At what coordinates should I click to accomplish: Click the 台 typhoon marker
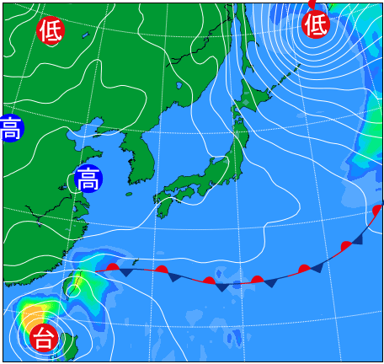coord(44,338)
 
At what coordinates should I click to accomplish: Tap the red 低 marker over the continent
coord(51,30)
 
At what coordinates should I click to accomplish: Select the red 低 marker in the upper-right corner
coord(316,24)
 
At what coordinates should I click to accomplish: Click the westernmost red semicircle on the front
coord(113,267)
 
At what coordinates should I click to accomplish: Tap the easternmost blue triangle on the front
coord(357,239)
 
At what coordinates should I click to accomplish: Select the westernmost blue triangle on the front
coord(125,272)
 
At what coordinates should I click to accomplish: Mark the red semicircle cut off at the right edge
coord(377,210)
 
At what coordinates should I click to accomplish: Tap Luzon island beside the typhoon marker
coord(70,344)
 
